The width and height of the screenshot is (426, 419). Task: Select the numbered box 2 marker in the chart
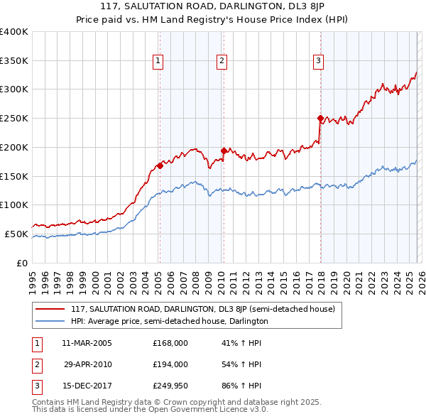(222, 62)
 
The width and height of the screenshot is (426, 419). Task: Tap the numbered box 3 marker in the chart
(319, 62)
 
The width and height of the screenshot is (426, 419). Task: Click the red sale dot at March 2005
(160, 165)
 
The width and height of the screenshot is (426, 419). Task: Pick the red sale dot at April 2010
(224, 151)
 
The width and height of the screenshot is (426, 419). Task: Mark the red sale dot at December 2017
(320, 118)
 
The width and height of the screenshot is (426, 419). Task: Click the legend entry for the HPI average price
(169, 322)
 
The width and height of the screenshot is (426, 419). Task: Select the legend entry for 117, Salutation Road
(207, 309)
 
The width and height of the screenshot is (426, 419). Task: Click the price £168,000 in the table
(170, 343)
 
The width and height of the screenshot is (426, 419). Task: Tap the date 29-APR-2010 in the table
(88, 364)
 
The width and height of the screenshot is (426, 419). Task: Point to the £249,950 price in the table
(170, 386)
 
